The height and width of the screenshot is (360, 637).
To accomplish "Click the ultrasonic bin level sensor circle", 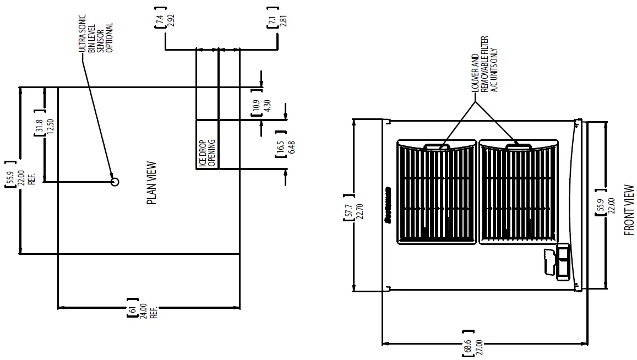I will point(115,182).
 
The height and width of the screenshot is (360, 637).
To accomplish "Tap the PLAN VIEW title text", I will point(152,183).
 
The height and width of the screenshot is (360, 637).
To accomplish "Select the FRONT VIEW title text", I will point(629,210).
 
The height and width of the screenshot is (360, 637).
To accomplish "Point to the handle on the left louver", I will point(437,146).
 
